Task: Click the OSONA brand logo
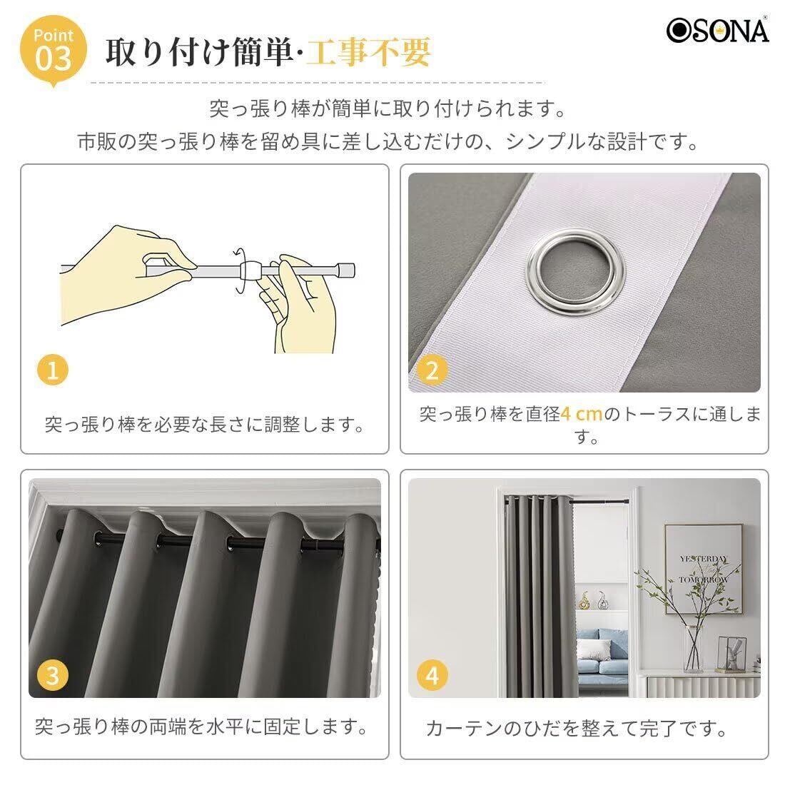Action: [x=717, y=30]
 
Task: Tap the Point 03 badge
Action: [x=54, y=51]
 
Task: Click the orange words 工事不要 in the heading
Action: [x=368, y=51]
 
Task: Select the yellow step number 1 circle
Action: [x=53, y=370]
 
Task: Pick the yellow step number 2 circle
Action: [x=432, y=370]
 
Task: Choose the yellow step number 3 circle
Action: [x=53, y=675]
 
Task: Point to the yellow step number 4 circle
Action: [x=432, y=675]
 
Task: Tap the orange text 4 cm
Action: [x=581, y=414]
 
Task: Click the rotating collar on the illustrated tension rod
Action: [x=250, y=271]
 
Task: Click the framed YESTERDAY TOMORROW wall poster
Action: [x=704, y=569]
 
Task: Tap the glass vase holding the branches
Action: [x=694, y=649]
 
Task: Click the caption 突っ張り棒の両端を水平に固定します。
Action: [x=202, y=726]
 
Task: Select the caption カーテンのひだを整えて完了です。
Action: [x=576, y=729]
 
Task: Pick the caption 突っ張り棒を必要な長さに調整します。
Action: [x=204, y=425]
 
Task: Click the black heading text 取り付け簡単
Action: [x=198, y=51]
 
